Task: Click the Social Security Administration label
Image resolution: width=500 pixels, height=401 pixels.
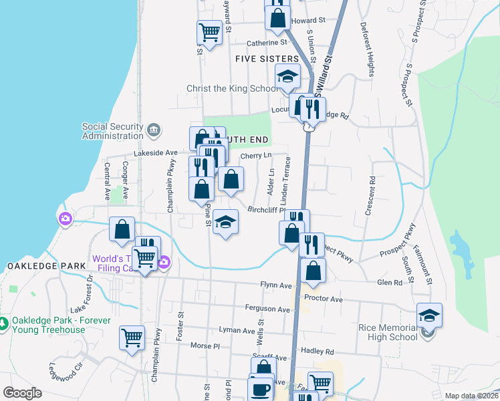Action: [x=112, y=131]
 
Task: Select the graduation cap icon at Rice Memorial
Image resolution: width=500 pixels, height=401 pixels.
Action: [x=429, y=315]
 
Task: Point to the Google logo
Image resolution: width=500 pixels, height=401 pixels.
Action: [x=22, y=393]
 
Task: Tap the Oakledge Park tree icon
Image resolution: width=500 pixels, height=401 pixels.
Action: [x=5, y=323]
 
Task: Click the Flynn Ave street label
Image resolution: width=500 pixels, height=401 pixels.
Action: [x=277, y=285]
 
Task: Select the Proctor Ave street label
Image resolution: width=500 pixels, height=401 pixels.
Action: [x=324, y=299]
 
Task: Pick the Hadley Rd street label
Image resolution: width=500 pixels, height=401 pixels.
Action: [x=318, y=351]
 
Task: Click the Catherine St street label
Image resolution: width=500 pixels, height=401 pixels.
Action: [x=267, y=42]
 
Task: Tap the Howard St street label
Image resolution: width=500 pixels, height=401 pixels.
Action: [x=308, y=21]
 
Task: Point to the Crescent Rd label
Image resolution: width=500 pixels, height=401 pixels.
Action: [x=369, y=196]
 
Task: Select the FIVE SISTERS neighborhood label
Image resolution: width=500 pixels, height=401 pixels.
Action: [x=266, y=59]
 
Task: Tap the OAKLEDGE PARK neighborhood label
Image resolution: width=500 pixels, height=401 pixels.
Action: [x=46, y=266]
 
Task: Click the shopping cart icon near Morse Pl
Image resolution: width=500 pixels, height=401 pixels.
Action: [x=132, y=338]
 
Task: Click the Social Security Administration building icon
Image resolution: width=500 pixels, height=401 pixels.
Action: [x=154, y=129]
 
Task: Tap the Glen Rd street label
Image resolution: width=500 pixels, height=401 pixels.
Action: [x=390, y=283]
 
